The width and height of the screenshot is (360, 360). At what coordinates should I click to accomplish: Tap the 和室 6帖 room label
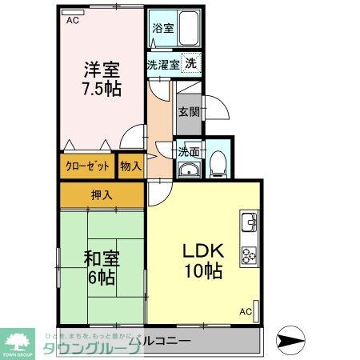pyautogui.click(x=101, y=267)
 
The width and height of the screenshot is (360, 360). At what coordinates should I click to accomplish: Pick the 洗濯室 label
pyautogui.click(x=162, y=64)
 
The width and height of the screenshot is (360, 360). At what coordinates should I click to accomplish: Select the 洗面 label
pyautogui.click(x=189, y=152)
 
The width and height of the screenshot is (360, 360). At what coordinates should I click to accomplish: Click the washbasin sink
pyautogui.click(x=188, y=169)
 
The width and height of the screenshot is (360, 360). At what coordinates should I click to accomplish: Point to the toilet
pyautogui.click(x=218, y=165)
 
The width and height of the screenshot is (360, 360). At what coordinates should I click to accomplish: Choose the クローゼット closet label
pyautogui.click(x=86, y=166)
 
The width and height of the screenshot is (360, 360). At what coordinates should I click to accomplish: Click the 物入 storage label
pyautogui.click(x=130, y=166)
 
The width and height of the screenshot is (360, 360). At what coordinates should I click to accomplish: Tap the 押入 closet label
pyautogui.click(x=102, y=195)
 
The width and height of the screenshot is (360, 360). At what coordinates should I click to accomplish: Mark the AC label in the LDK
pyautogui.click(x=246, y=311)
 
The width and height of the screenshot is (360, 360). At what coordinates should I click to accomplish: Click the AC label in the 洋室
pyautogui.click(x=73, y=21)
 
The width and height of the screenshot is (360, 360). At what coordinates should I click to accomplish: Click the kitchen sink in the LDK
pyautogui.click(x=248, y=219)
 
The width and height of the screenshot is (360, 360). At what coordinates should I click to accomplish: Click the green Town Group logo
pyautogui.click(x=17, y=342)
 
